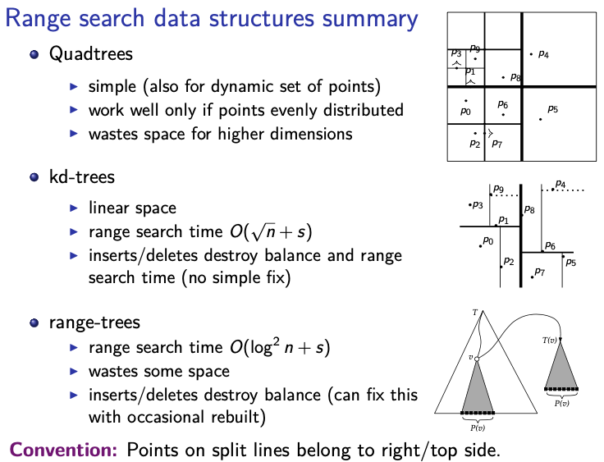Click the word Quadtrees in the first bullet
[91, 53]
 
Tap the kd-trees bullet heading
[82, 177]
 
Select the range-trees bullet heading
[94, 322]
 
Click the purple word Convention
[63, 450]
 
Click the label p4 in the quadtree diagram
[543, 54]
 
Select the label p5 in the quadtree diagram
[553, 109]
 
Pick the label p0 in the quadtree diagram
[465, 112]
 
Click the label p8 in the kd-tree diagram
[529, 209]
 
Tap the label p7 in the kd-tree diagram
[540, 272]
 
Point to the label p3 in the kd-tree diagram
[478, 204]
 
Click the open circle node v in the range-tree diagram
[477, 359]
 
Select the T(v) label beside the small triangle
[550, 341]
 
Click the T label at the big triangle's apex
[475, 313]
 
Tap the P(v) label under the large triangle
[478, 428]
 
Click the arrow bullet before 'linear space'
[74, 208]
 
